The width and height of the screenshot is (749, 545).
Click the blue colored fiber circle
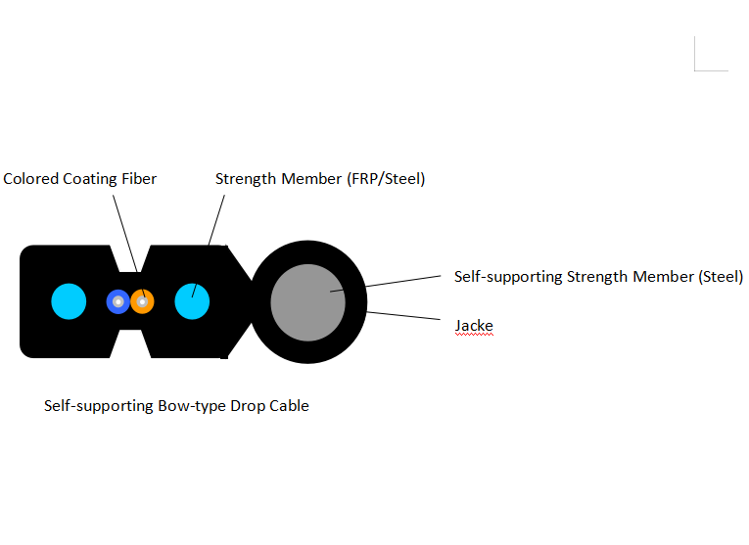117,301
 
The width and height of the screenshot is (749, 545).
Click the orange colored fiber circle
143,301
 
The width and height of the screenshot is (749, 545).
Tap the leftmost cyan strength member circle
69,301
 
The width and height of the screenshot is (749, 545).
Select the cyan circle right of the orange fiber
193,301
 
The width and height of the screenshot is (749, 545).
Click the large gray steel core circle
308,301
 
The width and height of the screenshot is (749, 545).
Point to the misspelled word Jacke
474,325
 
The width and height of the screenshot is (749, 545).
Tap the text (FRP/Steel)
386,179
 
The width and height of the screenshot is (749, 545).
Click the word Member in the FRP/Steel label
310,179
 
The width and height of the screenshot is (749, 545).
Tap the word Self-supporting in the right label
508,277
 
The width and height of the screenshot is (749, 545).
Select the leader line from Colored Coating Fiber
123,231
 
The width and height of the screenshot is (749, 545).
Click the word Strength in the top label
246,179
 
